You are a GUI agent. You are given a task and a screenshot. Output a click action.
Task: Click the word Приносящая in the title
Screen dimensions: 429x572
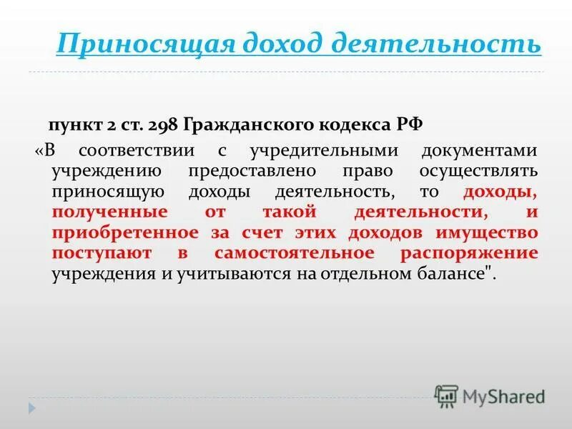click(144, 44)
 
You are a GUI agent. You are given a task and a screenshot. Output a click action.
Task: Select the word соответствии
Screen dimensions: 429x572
click(145, 152)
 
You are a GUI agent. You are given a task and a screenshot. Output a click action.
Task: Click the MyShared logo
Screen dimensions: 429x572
click(490, 395)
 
